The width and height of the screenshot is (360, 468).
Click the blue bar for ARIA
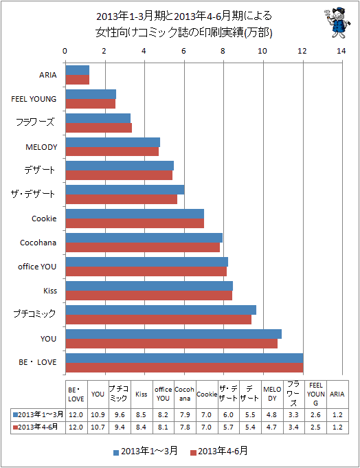click(x=77, y=70)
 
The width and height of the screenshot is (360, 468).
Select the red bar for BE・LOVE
click(x=184, y=368)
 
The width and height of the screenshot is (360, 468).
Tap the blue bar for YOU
click(x=174, y=334)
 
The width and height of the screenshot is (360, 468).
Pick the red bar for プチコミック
click(x=159, y=320)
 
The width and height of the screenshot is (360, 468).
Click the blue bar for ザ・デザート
click(x=125, y=190)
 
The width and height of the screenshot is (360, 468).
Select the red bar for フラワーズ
click(x=99, y=128)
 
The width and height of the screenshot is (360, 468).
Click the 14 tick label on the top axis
click(x=341, y=51)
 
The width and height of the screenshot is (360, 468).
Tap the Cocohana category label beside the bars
click(x=38, y=243)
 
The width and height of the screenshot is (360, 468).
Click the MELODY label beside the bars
click(x=41, y=147)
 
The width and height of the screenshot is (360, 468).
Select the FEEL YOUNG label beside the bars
click(x=34, y=99)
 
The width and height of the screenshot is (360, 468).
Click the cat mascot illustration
click(x=337, y=23)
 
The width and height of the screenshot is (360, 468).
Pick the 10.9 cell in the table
click(x=98, y=415)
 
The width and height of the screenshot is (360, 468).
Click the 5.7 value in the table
click(x=228, y=427)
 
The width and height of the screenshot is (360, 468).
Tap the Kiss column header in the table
click(x=142, y=394)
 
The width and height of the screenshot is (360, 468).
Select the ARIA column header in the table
click(x=337, y=394)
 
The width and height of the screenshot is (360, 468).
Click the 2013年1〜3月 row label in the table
click(x=38, y=414)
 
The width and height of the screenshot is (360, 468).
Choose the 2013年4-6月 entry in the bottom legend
click(x=219, y=452)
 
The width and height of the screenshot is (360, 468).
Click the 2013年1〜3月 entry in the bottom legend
click(x=146, y=452)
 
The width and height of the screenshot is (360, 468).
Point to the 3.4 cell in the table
click(x=293, y=427)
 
